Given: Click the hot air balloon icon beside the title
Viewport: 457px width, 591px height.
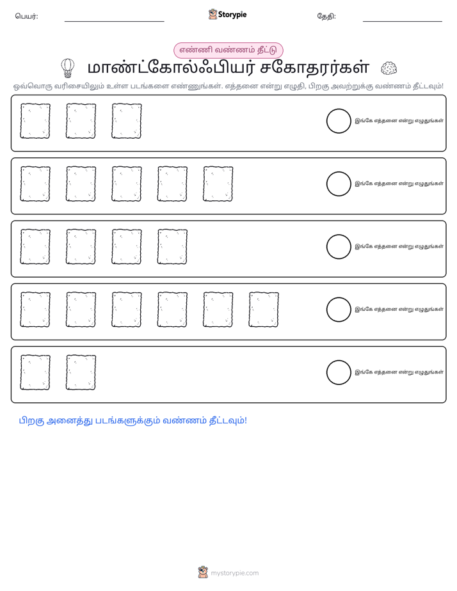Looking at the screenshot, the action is click(x=67, y=68).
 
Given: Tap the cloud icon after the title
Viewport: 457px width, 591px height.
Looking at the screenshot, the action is click(x=389, y=68).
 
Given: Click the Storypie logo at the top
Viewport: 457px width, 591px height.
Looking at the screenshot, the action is click(x=227, y=14).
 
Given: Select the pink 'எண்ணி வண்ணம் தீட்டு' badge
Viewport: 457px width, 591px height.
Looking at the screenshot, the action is click(x=228, y=50).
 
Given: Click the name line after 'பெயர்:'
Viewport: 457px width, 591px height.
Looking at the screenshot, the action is click(x=114, y=22).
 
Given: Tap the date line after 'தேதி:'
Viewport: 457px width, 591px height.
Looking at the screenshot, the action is click(x=403, y=22).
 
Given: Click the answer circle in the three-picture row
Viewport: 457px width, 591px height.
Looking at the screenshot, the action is click(x=339, y=121).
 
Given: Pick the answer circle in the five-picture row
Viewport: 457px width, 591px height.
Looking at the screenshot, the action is click(x=339, y=184).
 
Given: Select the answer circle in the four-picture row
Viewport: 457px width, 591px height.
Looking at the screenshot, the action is click(x=339, y=247).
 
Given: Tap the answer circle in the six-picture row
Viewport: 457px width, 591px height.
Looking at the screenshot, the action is click(x=339, y=310).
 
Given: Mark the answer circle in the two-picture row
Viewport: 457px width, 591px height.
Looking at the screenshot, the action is click(x=339, y=372).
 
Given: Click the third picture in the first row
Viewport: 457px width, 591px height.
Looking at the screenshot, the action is click(x=127, y=121).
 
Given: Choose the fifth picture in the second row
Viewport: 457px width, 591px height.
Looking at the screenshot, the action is click(x=218, y=184).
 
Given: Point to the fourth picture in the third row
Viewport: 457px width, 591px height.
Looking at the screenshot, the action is click(x=172, y=247).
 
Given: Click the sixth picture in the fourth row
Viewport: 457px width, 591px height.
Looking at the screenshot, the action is click(x=264, y=310).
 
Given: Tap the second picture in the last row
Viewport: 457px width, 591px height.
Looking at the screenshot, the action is click(x=81, y=372).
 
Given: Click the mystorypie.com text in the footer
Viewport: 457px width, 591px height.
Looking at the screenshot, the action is click(x=234, y=573).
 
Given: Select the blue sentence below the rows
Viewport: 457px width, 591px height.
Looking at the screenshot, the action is click(x=132, y=421).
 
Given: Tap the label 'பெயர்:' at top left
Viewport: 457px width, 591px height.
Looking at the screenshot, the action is click(x=26, y=16).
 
